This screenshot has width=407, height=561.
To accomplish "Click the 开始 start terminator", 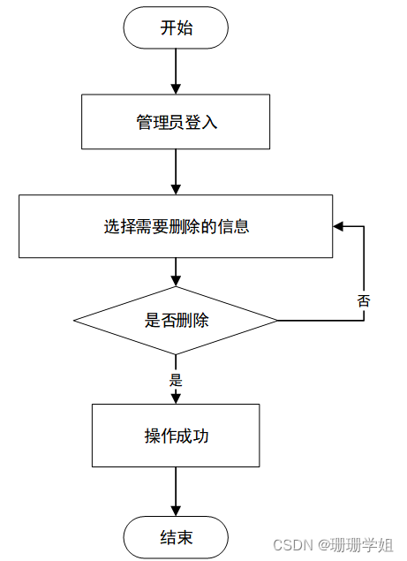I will point(176,28).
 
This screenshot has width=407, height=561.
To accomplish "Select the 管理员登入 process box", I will point(176,123).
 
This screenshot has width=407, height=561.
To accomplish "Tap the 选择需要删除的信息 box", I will point(176,226).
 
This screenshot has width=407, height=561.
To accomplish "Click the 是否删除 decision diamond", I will point(176,320).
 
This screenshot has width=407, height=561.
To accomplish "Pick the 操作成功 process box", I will point(176,436).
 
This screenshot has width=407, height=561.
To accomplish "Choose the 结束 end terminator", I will point(176,537).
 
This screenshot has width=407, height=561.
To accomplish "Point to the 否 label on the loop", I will point(364,300).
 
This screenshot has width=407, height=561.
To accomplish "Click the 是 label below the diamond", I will point(175,381).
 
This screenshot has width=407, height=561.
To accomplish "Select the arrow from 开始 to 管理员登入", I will point(176,71).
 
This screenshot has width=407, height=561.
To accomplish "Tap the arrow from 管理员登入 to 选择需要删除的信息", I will point(176,171).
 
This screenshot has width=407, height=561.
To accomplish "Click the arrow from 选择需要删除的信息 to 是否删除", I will point(176,271).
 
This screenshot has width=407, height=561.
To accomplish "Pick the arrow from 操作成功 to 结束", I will point(176,491).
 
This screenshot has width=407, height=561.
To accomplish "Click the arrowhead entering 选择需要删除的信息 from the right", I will point(339,226).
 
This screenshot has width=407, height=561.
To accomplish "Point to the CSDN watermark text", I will point(292,546).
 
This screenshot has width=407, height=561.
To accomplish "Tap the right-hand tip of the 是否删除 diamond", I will point(277,320).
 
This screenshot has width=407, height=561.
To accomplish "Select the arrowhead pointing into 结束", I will point(176,512).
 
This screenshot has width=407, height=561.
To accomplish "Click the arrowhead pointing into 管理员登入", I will point(176,89).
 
